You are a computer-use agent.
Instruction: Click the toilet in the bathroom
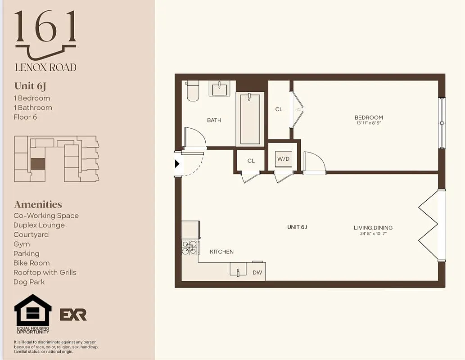coord(193,91)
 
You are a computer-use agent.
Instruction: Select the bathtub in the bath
coord(250,118)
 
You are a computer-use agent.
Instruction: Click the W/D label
coord(283,159)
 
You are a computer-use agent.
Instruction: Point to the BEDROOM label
coord(369,117)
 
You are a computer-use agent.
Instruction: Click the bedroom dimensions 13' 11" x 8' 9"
coord(369,123)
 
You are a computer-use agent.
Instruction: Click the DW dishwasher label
coord(257,272)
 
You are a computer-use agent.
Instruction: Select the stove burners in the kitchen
coord(190,247)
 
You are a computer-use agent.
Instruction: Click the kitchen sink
coord(238,271)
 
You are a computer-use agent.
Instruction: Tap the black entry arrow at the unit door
coord(177,164)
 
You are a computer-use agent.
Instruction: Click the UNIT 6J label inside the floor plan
coord(297,227)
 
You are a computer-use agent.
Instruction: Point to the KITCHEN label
coord(221,252)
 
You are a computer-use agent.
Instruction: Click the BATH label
coord(214,120)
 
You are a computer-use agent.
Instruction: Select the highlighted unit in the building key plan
coord(38,164)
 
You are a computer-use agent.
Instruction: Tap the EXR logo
coord(73,315)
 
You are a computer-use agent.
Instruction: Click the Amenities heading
coord(38,204)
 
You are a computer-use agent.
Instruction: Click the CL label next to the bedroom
coord(279,109)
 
